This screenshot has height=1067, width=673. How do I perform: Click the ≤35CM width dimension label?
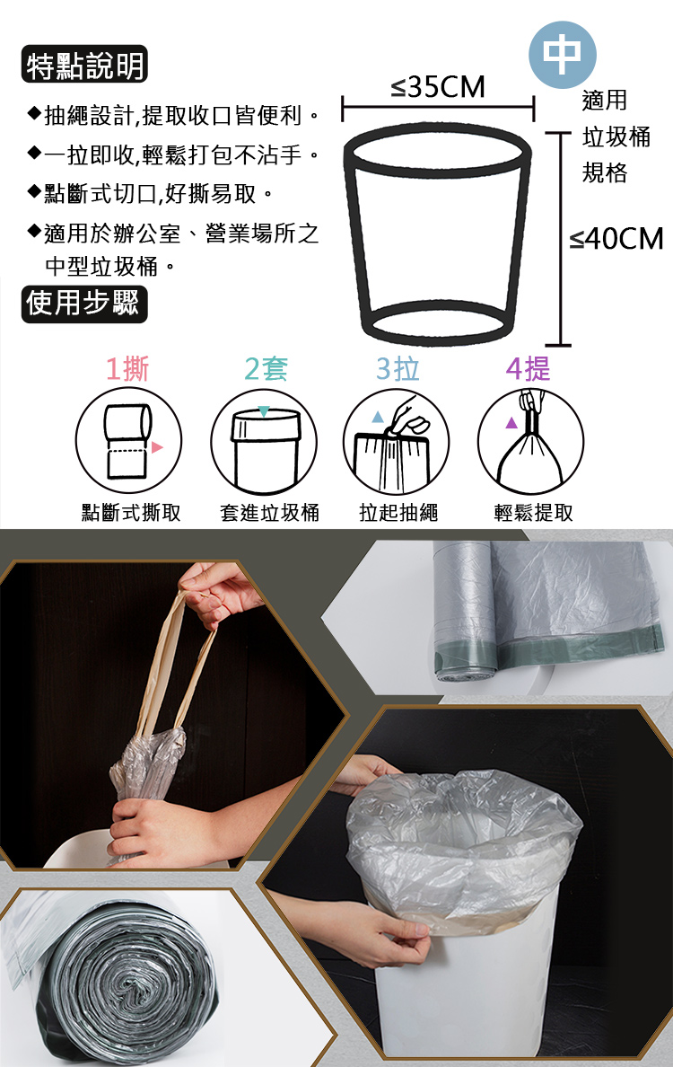[438, 88]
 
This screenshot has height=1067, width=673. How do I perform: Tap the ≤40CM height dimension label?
[616, 239]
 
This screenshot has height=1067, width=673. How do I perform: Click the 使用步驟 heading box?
[83, 303]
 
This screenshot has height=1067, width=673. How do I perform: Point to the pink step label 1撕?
[127, 369]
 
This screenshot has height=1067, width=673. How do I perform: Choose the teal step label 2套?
[265, 369]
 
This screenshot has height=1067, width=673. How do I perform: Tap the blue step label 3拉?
[398, 369]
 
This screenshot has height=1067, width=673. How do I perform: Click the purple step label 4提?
[529, 369]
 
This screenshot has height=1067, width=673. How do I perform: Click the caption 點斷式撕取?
[131, 513]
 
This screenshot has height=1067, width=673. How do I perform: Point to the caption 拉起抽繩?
[398, 513]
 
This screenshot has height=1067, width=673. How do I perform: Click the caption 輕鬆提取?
[533, 513]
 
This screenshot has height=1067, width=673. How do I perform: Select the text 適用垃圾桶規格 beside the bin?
[616, 137]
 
